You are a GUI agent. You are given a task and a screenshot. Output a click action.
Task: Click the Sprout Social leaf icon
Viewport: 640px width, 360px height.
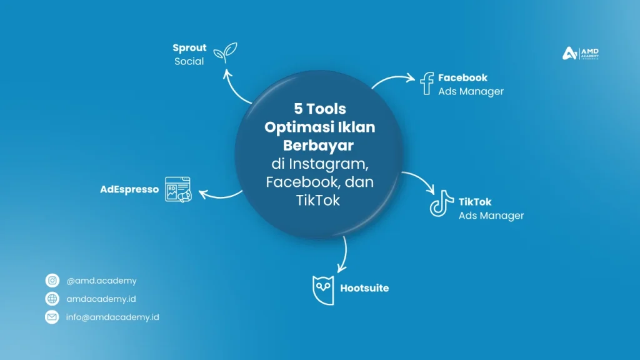click(x=225, y=52)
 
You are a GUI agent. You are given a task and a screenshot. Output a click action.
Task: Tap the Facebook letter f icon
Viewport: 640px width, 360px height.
click(x=426, y=84)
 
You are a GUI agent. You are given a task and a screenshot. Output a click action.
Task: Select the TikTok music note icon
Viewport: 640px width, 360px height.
click(x=441, y=203)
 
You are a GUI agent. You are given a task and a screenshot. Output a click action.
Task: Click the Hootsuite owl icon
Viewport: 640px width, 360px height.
click(x=323, y=290)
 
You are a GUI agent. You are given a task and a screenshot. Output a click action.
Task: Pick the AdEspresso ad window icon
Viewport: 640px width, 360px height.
click(x=178, y=189)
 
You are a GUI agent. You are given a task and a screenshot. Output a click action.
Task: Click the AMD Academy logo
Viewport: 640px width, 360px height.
click(x=581, y=53)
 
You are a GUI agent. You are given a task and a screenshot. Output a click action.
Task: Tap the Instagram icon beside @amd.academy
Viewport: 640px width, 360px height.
click(x=52, y=281)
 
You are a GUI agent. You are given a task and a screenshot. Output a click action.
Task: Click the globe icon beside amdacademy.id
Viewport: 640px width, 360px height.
click(x=52, y=299)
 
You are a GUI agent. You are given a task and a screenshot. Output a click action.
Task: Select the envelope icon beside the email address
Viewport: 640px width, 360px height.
click(x=52, y=317)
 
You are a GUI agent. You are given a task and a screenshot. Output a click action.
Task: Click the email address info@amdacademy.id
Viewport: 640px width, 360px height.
click(x=112, y=317)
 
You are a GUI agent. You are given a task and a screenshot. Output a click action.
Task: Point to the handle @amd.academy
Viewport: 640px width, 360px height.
click(x=102, y=281)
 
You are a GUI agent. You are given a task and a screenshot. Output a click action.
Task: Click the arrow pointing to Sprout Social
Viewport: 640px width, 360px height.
click(x=233, y=87)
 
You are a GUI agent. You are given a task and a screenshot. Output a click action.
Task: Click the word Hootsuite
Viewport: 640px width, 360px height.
click(x=364, y=288)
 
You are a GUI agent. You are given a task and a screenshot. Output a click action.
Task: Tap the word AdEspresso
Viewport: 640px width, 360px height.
click(x=129, y=189)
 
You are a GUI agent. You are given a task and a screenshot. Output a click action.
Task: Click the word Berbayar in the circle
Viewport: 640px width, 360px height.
click(x=318, y=145)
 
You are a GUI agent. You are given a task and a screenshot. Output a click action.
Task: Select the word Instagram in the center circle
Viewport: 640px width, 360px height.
click(x=329, y=164)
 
